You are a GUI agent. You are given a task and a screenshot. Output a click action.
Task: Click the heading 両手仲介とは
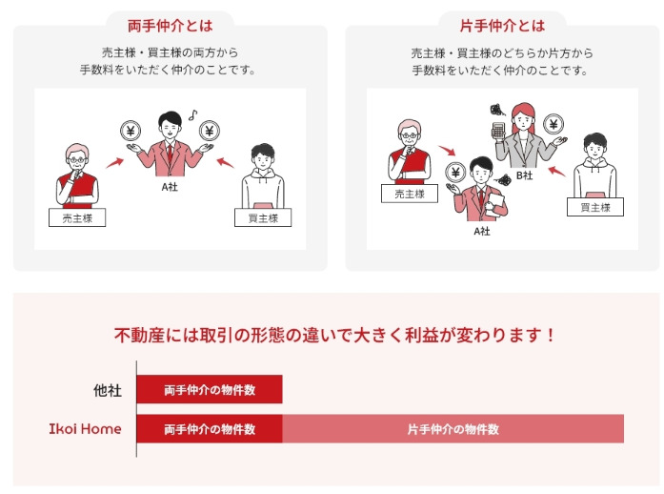coord(170,26)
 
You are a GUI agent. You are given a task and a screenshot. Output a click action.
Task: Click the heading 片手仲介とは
coord(502,26)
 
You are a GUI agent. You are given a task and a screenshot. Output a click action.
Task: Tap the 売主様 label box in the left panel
coord(77,217)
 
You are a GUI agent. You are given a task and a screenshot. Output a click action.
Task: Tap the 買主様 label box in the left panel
coord(263,217)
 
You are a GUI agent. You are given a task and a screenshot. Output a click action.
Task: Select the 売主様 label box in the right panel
coord(410,194)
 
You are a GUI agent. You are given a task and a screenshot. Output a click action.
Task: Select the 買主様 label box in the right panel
coord(595,207)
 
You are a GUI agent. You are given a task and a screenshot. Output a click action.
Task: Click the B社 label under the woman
coord(524,175)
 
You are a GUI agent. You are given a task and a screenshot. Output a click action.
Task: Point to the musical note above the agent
coord(193,114)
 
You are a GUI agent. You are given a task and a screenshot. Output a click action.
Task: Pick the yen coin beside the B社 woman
coord(553,124)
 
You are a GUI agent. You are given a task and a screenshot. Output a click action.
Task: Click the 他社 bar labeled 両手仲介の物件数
coord(210,389)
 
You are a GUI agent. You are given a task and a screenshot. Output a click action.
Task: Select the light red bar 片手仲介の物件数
coord(453,429)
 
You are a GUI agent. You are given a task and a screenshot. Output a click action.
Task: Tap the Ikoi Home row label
coord(85,429)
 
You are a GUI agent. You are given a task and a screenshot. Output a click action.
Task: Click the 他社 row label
coord(108,390)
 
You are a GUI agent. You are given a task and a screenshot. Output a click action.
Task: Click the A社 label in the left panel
coord(170,187)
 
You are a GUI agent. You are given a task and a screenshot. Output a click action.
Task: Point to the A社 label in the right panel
coord(482,231)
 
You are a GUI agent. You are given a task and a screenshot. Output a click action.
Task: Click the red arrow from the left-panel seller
coord(114,163)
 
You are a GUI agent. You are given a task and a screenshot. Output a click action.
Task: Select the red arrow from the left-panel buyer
coord(225,163)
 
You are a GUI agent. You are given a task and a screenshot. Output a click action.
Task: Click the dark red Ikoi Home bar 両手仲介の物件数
coord(210,429)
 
